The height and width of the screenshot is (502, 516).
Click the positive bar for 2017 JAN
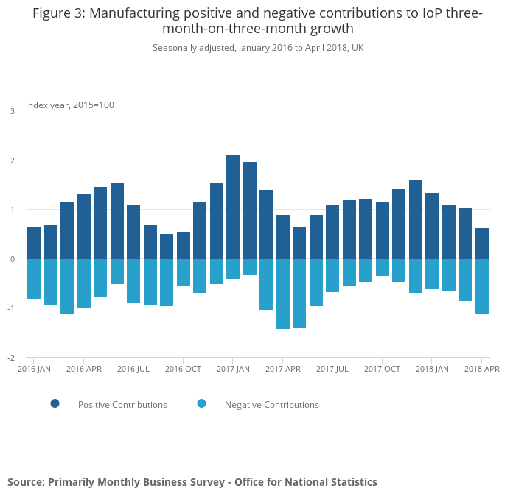pos(233,207)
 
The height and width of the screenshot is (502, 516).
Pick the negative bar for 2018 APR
pos(482,286)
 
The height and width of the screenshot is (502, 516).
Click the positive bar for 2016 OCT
pos(184,245)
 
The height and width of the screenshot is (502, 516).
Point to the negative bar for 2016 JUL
pos(133,280)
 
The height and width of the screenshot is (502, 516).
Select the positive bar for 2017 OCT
pos(383,230)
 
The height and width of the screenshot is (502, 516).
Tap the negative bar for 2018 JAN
pos(432,274)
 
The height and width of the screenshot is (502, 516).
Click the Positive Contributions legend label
pos(122,405)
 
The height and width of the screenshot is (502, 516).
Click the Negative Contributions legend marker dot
pos(202,403)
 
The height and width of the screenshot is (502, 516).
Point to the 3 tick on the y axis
pos(12,111)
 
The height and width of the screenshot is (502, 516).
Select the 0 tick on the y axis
pos(12,259)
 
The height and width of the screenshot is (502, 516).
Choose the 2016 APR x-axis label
pos(83,369)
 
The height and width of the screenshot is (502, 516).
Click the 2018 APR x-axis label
pos(481,369)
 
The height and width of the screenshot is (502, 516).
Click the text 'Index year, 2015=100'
pos(70,105)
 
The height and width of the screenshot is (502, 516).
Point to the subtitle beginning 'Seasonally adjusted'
pos(258,48)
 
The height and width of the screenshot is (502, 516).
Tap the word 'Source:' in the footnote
pos(26,482)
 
